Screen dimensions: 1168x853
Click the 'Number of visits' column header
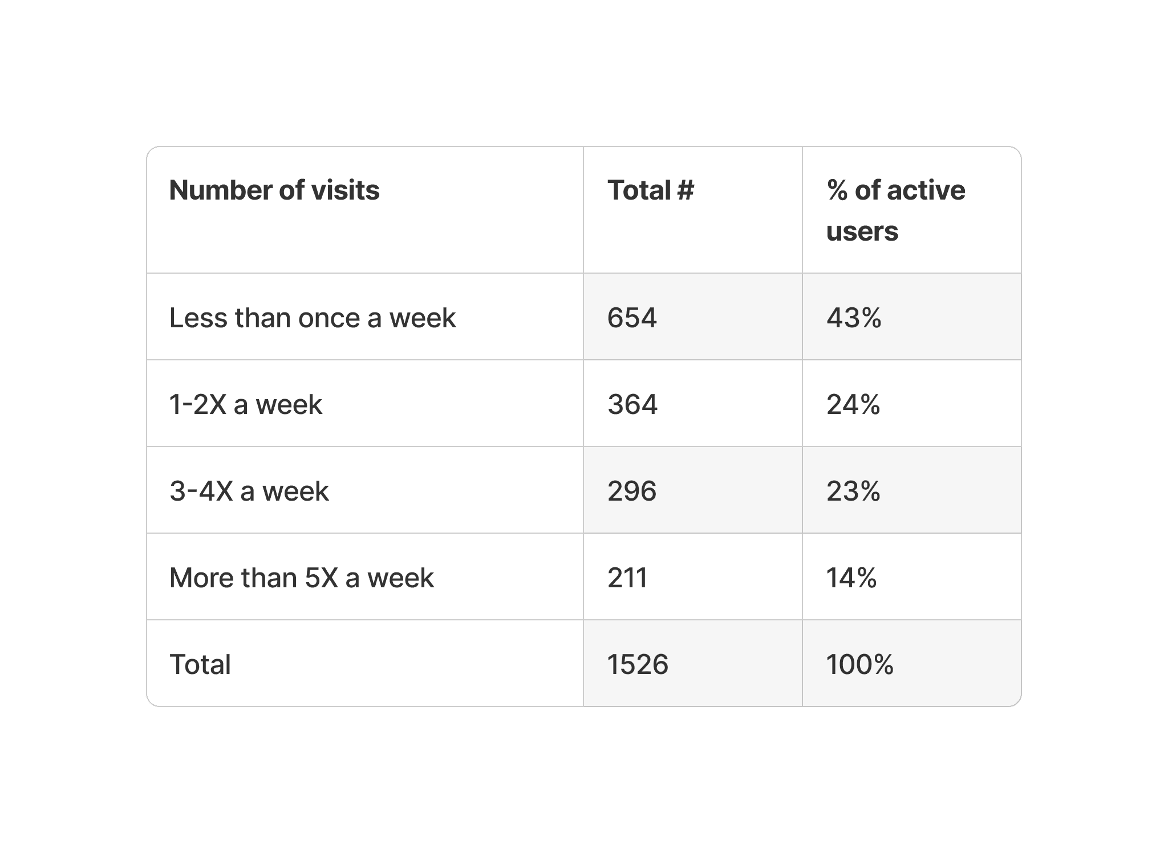(274, 190)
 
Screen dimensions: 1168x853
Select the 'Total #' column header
(651, 190)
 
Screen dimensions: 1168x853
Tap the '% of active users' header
(896, 210)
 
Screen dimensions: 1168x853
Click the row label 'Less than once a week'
(313, 318)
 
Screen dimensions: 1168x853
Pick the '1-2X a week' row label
(246, 404)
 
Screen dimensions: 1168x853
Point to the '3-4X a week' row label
(249, 491)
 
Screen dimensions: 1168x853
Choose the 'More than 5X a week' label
(302, 578)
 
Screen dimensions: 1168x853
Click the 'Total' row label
(200, 664)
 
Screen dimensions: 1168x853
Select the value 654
(632, 318)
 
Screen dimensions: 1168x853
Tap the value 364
(632, 404)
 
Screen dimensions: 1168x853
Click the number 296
(632, 491)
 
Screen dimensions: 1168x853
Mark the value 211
(627, 578)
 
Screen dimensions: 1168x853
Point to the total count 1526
(638, 664)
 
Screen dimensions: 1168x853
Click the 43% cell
(854, 318)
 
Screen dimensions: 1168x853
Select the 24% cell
(853, 404)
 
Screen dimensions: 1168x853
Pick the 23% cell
(853, 491)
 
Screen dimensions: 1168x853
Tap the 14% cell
(851, 578)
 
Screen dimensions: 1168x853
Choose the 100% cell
(860, 664)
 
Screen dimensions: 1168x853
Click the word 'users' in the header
(862, 231)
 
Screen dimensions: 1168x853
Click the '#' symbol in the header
(686, 190)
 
